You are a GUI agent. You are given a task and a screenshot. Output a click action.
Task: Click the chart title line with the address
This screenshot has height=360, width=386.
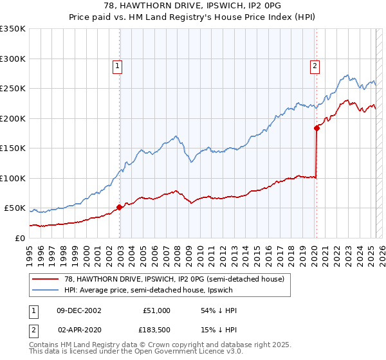click(x=192, y=6)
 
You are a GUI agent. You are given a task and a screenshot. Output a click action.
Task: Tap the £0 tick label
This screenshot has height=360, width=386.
click(x=19, y=238)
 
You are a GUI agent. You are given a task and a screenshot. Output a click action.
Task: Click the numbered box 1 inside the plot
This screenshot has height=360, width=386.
click(x=118, y=65)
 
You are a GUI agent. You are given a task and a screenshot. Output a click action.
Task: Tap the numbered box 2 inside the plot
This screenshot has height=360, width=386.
click(x=315, y=65)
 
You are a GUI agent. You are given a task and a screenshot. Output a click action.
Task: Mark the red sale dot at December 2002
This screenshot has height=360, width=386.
click(x=120, y=208)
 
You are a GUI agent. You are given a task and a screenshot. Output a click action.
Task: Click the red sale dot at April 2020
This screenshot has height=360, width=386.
click(x=317, y=128)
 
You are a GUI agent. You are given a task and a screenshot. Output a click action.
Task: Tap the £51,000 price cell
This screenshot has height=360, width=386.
click(x=155, y=310)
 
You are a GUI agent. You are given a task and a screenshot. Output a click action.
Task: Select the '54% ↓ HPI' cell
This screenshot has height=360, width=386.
click(x=219, y=310)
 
